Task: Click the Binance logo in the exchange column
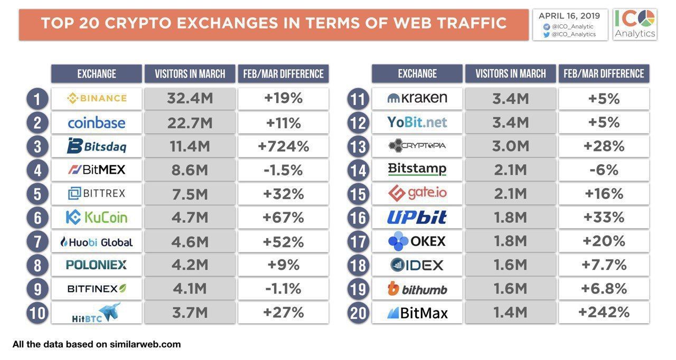pos(97,98)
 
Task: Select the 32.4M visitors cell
pos(190,99)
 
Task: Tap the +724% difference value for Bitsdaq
pos(283,146)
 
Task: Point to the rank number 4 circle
pos(37,170)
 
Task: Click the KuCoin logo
pos(97,217)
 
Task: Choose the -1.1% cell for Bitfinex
pos(283,289)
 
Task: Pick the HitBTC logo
pos(97,313)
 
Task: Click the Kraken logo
pos(417,98)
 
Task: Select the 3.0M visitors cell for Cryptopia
pos(510,146)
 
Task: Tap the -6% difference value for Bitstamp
pos(604,170)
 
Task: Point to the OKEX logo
pos(417,242)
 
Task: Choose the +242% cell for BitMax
pos(604,312)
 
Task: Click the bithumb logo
pos(417,289)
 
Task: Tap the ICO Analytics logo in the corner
pos(635,24)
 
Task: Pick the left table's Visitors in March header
pos(190,74)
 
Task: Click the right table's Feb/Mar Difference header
pos(604,74)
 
